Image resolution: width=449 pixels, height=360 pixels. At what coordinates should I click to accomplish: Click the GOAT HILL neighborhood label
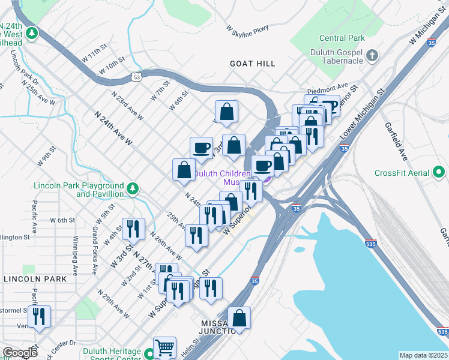click(x=252, y=64)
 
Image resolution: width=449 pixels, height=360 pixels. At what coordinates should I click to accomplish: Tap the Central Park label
click(x=342, y=38)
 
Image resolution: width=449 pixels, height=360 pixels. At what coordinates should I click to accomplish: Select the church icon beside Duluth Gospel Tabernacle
click(x=372, y=56)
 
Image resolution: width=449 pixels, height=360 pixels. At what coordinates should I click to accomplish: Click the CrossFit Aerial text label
click(x=402, y=173)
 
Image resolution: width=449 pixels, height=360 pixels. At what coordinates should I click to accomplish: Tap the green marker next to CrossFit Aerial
click(x=441, y=173)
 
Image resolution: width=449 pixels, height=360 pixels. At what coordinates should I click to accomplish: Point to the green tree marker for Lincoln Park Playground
click(x=133, y=190)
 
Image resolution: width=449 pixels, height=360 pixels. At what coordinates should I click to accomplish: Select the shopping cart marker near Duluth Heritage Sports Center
click(x=164, y=347)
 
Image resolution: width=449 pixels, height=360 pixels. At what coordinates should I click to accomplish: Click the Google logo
click(x=19, y=353)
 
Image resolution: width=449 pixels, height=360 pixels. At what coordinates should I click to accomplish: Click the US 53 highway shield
click(x=137, y=77)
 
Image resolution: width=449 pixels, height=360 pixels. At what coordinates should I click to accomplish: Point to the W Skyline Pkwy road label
click(x=247, y=28)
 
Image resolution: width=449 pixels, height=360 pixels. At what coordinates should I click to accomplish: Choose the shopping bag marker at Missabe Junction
click(x=239, y=318)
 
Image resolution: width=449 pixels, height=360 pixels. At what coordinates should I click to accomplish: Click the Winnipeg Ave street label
click(x=75, y=259)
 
